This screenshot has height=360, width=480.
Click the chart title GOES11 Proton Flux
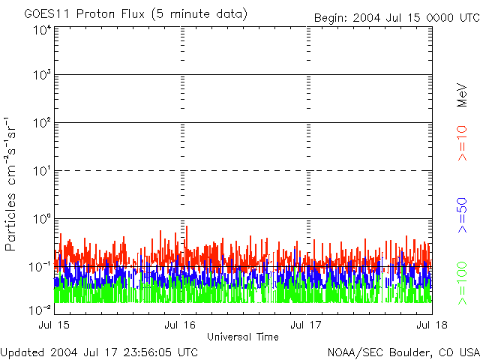pyautogui.click(x=135, y=14)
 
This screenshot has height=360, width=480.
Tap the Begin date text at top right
pyautogui.click(x=396, y=16)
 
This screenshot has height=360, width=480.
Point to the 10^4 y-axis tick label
pyautogui.click(x=41, y=30)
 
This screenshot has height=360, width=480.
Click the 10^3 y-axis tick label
pyautogui.click(x=41, y=76)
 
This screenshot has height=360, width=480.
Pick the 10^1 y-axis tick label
pyautogui.click(x=41, y=172)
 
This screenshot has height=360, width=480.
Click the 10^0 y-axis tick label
pyautogui.click(x=41, y=220)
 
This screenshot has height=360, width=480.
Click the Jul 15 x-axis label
pyautogui.click(x=55, y=325)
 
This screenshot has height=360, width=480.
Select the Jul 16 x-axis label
pyautogui.click(x=180, y=325)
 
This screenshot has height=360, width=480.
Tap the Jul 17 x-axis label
pyautogui.click(x=307, y=325)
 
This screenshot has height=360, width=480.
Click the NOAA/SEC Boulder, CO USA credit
pyautogui.click(x=403, y=352)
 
